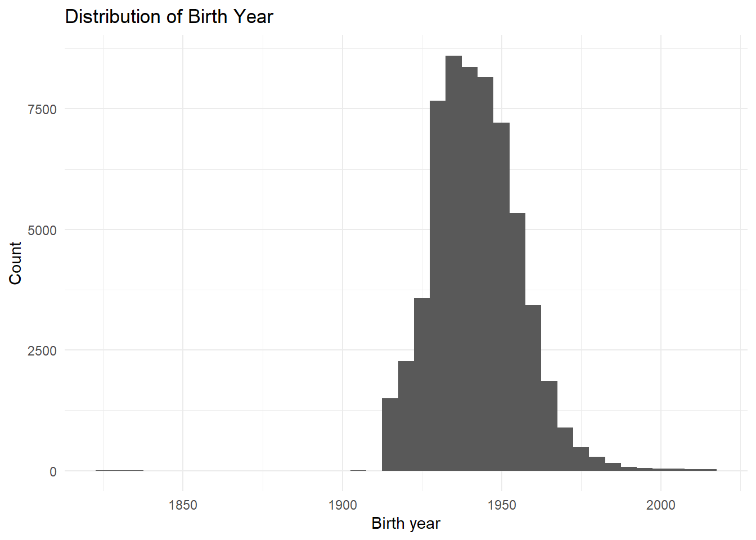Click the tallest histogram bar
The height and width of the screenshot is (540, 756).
(453, 263)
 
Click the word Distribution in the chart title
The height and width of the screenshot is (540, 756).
(112, 16)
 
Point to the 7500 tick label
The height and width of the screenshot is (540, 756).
(43, 110)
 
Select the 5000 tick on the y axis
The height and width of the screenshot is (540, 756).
(43, 231)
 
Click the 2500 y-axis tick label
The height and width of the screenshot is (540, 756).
(43, 351)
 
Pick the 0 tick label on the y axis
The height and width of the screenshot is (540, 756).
(53, 472)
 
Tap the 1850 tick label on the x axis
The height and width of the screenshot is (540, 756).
(183, 505)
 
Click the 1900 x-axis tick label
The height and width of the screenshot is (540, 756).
(343, 505)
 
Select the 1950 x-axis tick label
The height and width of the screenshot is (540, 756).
(502, 505)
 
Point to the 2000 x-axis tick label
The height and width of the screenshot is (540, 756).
(661, 505)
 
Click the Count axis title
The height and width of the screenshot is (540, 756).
(15, 263)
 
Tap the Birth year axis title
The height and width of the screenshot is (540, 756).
(406, 524)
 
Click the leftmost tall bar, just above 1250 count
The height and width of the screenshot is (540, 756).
(390, 434)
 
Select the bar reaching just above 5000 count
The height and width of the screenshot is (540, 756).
(517, 342)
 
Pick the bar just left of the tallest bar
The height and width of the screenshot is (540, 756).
(438, 286)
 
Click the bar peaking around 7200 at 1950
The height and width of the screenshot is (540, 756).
(502, 296)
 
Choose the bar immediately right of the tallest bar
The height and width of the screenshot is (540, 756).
(470, 269)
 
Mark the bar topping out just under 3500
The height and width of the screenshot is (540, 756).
(533, 388)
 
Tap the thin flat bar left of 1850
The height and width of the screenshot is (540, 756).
(119, 470)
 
